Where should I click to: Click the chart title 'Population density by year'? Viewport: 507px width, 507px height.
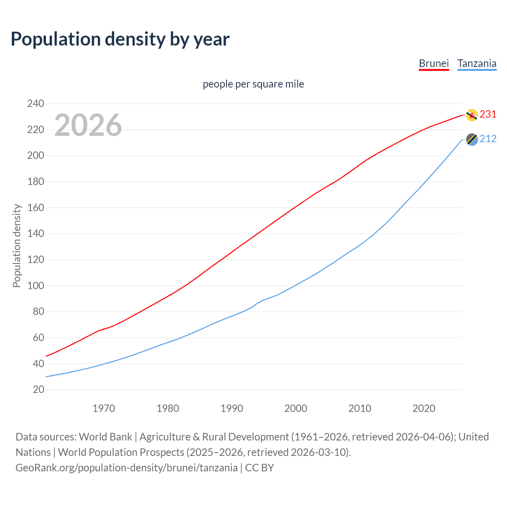(x=120, y=39)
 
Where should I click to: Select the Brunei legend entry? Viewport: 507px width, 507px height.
(x=434, y=63)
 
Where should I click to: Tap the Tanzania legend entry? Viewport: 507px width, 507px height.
(x=477, y=63)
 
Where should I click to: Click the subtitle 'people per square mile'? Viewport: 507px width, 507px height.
(x=253, y=84)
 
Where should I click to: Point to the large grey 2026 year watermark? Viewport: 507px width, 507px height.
(x=88, y=125)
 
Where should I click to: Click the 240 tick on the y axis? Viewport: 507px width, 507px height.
(x=36, y=104)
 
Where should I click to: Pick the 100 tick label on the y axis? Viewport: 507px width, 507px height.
(x=36, y=286)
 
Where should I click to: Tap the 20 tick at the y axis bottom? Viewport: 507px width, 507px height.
(x=38, y=390)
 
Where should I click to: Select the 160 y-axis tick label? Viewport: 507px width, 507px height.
(x=36, y=208)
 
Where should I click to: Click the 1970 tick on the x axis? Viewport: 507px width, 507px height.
(x=104, y=408)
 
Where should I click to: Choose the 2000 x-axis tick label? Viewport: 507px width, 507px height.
(x=295, y=408)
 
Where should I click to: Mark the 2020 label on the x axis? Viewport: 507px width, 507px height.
(x=424, y=408)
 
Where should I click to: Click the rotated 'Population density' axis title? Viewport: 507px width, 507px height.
(x=17, y=246)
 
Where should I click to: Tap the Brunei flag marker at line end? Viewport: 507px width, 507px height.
(x=471, y=115)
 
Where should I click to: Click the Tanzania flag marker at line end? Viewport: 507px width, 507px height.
(x=471, y=139)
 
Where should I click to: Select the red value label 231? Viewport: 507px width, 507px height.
(x=488, y=114)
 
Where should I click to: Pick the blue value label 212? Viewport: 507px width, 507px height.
(x=488, y=139)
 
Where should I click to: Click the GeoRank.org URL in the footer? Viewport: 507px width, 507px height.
(x=126, y=468)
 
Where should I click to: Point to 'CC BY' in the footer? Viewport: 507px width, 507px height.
(x=259, y=468)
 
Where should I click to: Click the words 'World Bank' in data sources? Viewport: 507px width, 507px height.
(x=105, y=437)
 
